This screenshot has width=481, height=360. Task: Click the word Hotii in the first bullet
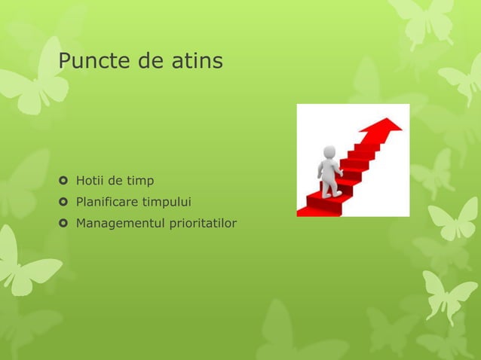click(89, 181)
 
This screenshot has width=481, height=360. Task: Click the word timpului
click(167, 203)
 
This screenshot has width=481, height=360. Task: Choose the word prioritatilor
click(200, 223)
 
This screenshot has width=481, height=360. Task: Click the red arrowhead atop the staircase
click(387, 127)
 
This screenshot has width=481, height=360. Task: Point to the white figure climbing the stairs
click(329, 172)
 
